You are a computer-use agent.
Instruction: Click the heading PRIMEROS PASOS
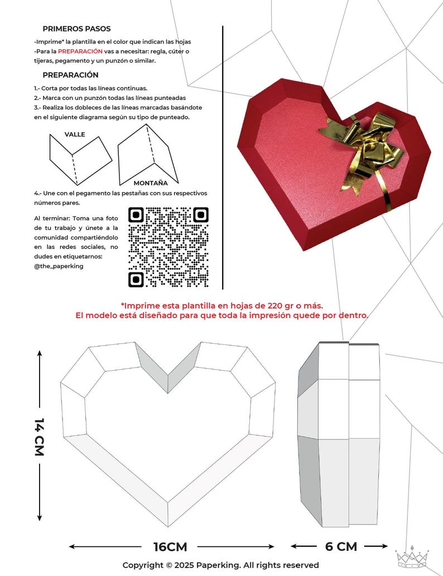click(x=76, y=28)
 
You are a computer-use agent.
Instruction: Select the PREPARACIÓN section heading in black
click(x=70, y=75)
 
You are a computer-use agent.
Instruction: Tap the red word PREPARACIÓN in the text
click(x=80, y=51)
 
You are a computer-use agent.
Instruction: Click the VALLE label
click(x=75, y=135)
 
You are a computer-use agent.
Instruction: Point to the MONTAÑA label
click(x=151, y=183)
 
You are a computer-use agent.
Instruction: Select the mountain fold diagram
click(x=147, y=152)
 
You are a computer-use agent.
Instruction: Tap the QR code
click(x=168, y=247)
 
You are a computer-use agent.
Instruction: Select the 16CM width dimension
click(x=170, y=546)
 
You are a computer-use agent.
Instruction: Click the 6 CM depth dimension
click(x=341, y=546)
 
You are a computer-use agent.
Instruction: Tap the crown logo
click(x=412, y=556)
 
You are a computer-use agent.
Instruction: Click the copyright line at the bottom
click(x=221, y=565)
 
